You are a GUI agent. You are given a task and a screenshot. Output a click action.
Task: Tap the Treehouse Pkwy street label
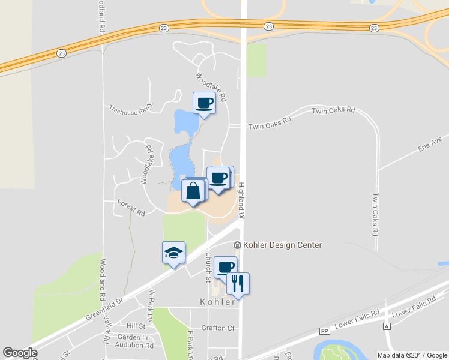click(x=131, y=108)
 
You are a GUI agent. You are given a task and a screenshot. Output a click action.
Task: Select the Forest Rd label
click(x=131, y=209)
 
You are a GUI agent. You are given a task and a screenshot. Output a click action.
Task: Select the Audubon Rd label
click(x=135, y=346)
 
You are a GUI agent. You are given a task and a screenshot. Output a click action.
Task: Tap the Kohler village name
click(x=217, y=302)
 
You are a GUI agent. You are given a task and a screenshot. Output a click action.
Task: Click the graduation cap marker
click(x=173, y=253)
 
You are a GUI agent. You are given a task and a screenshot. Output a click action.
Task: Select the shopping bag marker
click(x=193, y=192)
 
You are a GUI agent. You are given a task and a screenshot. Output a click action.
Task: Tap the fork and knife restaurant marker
click(x=238, y=284)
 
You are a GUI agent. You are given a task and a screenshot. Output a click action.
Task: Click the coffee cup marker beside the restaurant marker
click(x=225, y=268)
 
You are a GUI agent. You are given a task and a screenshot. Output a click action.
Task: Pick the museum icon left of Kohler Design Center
click(x=238, y=245)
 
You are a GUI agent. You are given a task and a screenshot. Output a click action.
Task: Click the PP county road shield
click(x=325, y=331)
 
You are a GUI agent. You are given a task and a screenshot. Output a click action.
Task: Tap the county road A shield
click(x=387, y=326)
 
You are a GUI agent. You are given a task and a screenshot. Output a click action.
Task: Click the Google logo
click(x=20, y=353)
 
